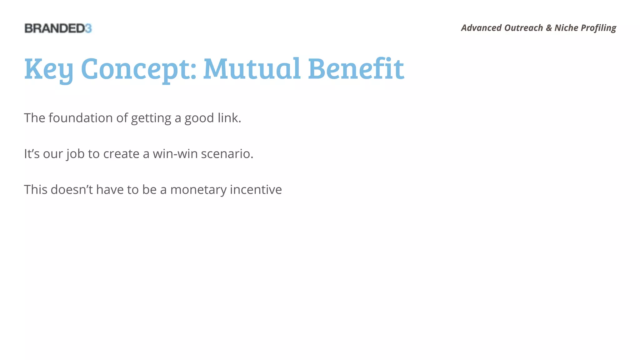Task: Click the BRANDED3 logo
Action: (58, 28)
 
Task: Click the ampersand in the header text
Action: (549, 28)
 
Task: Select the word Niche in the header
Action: (566, 28)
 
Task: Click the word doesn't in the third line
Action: (72, 190)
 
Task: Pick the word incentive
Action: (256, 190)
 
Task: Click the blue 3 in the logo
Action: (88, 28)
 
